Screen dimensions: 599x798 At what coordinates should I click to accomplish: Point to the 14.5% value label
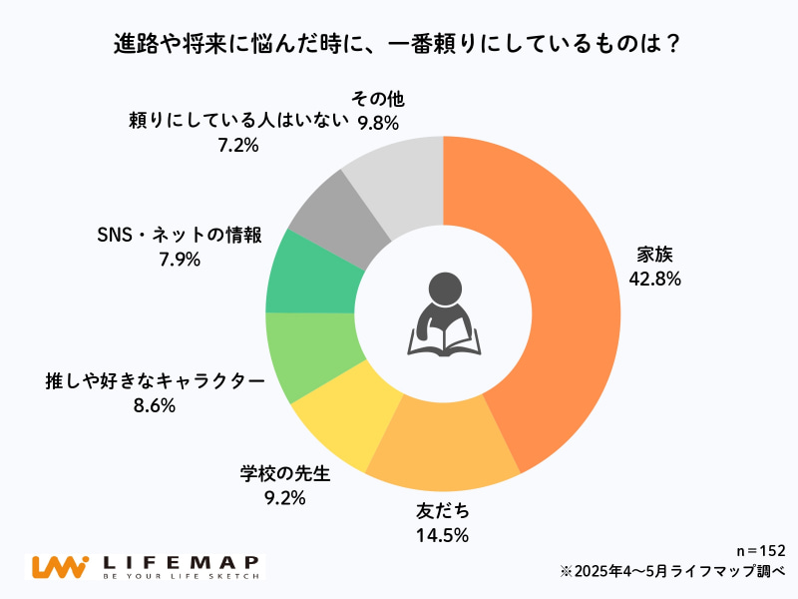tap(441, 535)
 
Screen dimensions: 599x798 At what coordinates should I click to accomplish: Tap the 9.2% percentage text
tap(284, 496)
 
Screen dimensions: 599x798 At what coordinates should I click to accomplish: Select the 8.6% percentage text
tap(154, 405)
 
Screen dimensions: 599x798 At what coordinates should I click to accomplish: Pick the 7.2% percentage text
tap(237, 145)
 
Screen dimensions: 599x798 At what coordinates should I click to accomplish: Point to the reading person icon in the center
tap(443, 314)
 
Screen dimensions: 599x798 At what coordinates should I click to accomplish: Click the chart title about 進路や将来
tap(399, 47)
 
